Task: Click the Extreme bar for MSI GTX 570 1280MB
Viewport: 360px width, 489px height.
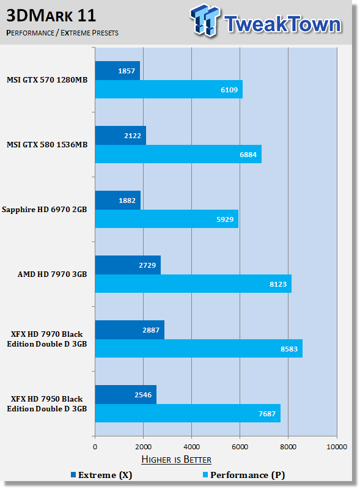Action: click(117, 70)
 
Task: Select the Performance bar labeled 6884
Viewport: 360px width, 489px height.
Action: click(178, 154)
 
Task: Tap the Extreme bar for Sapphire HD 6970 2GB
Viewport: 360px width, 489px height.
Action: click(118, 200)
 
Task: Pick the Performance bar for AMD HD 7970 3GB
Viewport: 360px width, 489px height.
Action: click(193, 284)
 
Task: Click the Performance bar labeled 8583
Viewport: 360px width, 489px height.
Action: click(199, 348)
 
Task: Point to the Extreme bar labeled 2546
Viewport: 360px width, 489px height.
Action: click(126, 394)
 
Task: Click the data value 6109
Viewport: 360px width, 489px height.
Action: click(229, 90)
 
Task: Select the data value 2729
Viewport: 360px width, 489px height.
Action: click(147, 265)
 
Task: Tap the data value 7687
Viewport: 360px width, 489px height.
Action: click(267, 414)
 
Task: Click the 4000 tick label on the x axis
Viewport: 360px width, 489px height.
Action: click(191, 447)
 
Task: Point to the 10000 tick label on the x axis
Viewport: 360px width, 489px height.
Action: click(337, 447)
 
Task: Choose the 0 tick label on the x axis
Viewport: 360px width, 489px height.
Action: click(95, 447)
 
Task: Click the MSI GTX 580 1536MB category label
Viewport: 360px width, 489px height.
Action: click(47, 145)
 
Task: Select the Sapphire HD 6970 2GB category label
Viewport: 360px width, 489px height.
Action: click(44, 210)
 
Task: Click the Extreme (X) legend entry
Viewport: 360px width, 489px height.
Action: click(101, 475)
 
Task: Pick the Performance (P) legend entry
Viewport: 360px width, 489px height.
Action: click(244, 475)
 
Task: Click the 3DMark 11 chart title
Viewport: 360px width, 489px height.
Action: click(51, 16)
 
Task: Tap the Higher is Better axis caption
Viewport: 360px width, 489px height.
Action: click(176, 460)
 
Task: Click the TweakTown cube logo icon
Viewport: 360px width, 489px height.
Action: click(205, 20)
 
